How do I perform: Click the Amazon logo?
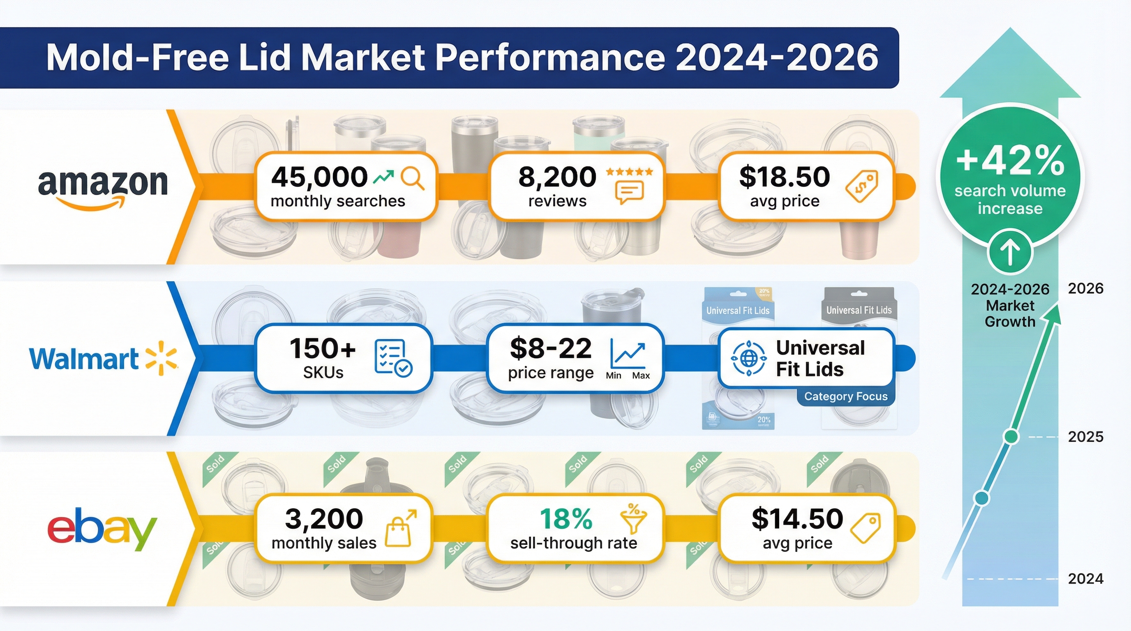click(103, 187)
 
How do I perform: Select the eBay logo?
click(102, 529)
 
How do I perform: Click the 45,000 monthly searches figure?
click(319, 177)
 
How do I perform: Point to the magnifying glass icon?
click(413, 179)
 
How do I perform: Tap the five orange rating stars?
click(629, 172)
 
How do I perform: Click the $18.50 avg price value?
click(785, 177)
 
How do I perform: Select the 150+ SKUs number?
click(323, 348)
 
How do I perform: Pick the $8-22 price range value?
click(551, 348)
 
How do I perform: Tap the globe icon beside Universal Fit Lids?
click(748, 359)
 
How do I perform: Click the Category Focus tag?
click(846, 396)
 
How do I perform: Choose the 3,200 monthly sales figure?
click(324, 519)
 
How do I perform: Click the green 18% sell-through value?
click(566, 519)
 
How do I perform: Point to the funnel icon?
click(633, 519)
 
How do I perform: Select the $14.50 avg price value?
click(797, 519)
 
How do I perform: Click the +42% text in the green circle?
click(1010, 161)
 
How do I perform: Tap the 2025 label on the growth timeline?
click(1085, 437)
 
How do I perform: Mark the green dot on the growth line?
click(1011, 437)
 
